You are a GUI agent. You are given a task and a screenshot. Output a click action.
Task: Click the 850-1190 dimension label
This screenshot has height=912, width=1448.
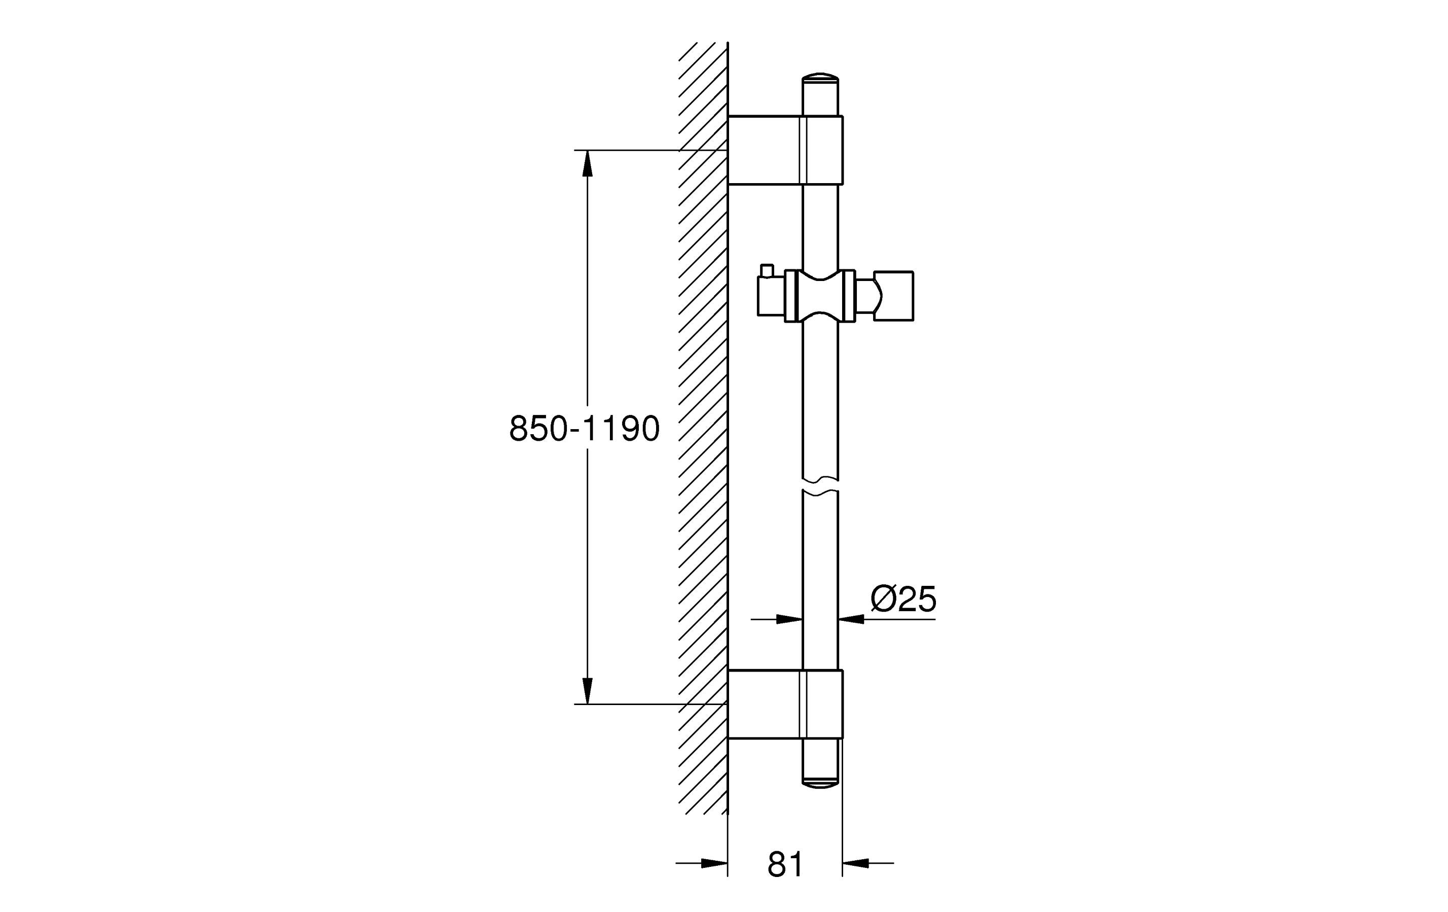pyautogui.click(x=585, y=429)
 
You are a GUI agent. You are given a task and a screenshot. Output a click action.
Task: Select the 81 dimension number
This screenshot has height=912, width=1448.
pyautogui.click(x=785, y=864)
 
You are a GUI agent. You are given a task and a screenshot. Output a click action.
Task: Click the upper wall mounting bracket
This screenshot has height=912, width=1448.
pyautogui.click(x=785, y=150)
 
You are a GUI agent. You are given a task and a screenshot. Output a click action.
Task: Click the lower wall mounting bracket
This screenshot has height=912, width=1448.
pyautogui.click(x=785, y=704)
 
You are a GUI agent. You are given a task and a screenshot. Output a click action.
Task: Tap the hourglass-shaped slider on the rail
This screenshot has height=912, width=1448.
pyautogui.click(x=820, y=296)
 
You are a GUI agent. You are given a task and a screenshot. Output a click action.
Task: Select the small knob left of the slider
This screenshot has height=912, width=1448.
pyautogui.click(x=767, y=271)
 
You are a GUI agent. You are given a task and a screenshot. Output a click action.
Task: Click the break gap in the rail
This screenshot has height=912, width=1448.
pyautogui.click(x=820, y=485)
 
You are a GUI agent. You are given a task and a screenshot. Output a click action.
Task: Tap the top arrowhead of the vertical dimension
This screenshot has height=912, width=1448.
pyautogui.click(x=587, y=163)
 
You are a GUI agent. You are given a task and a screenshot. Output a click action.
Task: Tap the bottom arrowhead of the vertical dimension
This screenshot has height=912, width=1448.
pyautogui.click(x=587, y=691)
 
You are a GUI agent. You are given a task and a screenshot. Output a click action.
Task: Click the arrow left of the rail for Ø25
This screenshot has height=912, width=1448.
pyautogui.click(x=777, y=618)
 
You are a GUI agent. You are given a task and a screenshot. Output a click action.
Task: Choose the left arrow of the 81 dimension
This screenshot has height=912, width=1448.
pyautogui.click(x=702, y=863)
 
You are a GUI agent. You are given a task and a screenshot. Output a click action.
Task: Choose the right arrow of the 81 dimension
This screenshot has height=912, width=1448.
pyautogui.click(x=867, y=863)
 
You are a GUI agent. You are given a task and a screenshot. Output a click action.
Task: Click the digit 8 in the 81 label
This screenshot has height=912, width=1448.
pyautogui.click(x=777, y=864)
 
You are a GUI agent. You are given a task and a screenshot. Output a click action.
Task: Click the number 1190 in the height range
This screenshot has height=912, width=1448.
pyautogui.click(x=623, y=429)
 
